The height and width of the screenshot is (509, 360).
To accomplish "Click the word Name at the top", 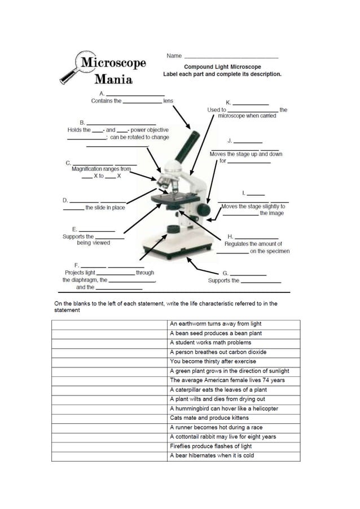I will click(174, 56).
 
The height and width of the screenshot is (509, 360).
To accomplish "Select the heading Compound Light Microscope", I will click(222, 67).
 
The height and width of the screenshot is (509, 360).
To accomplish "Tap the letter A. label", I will click(102, 93).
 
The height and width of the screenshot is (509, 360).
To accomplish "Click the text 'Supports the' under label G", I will click(223, 280).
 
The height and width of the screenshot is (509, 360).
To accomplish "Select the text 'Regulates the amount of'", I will click(253, 244).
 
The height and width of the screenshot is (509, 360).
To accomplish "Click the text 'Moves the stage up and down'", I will click(246, 154).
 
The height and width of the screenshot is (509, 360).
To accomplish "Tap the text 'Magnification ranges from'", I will click(101, 169).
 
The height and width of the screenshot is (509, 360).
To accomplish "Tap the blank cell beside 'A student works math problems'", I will click(109, 343).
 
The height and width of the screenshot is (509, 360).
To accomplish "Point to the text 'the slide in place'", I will click(105, 208).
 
